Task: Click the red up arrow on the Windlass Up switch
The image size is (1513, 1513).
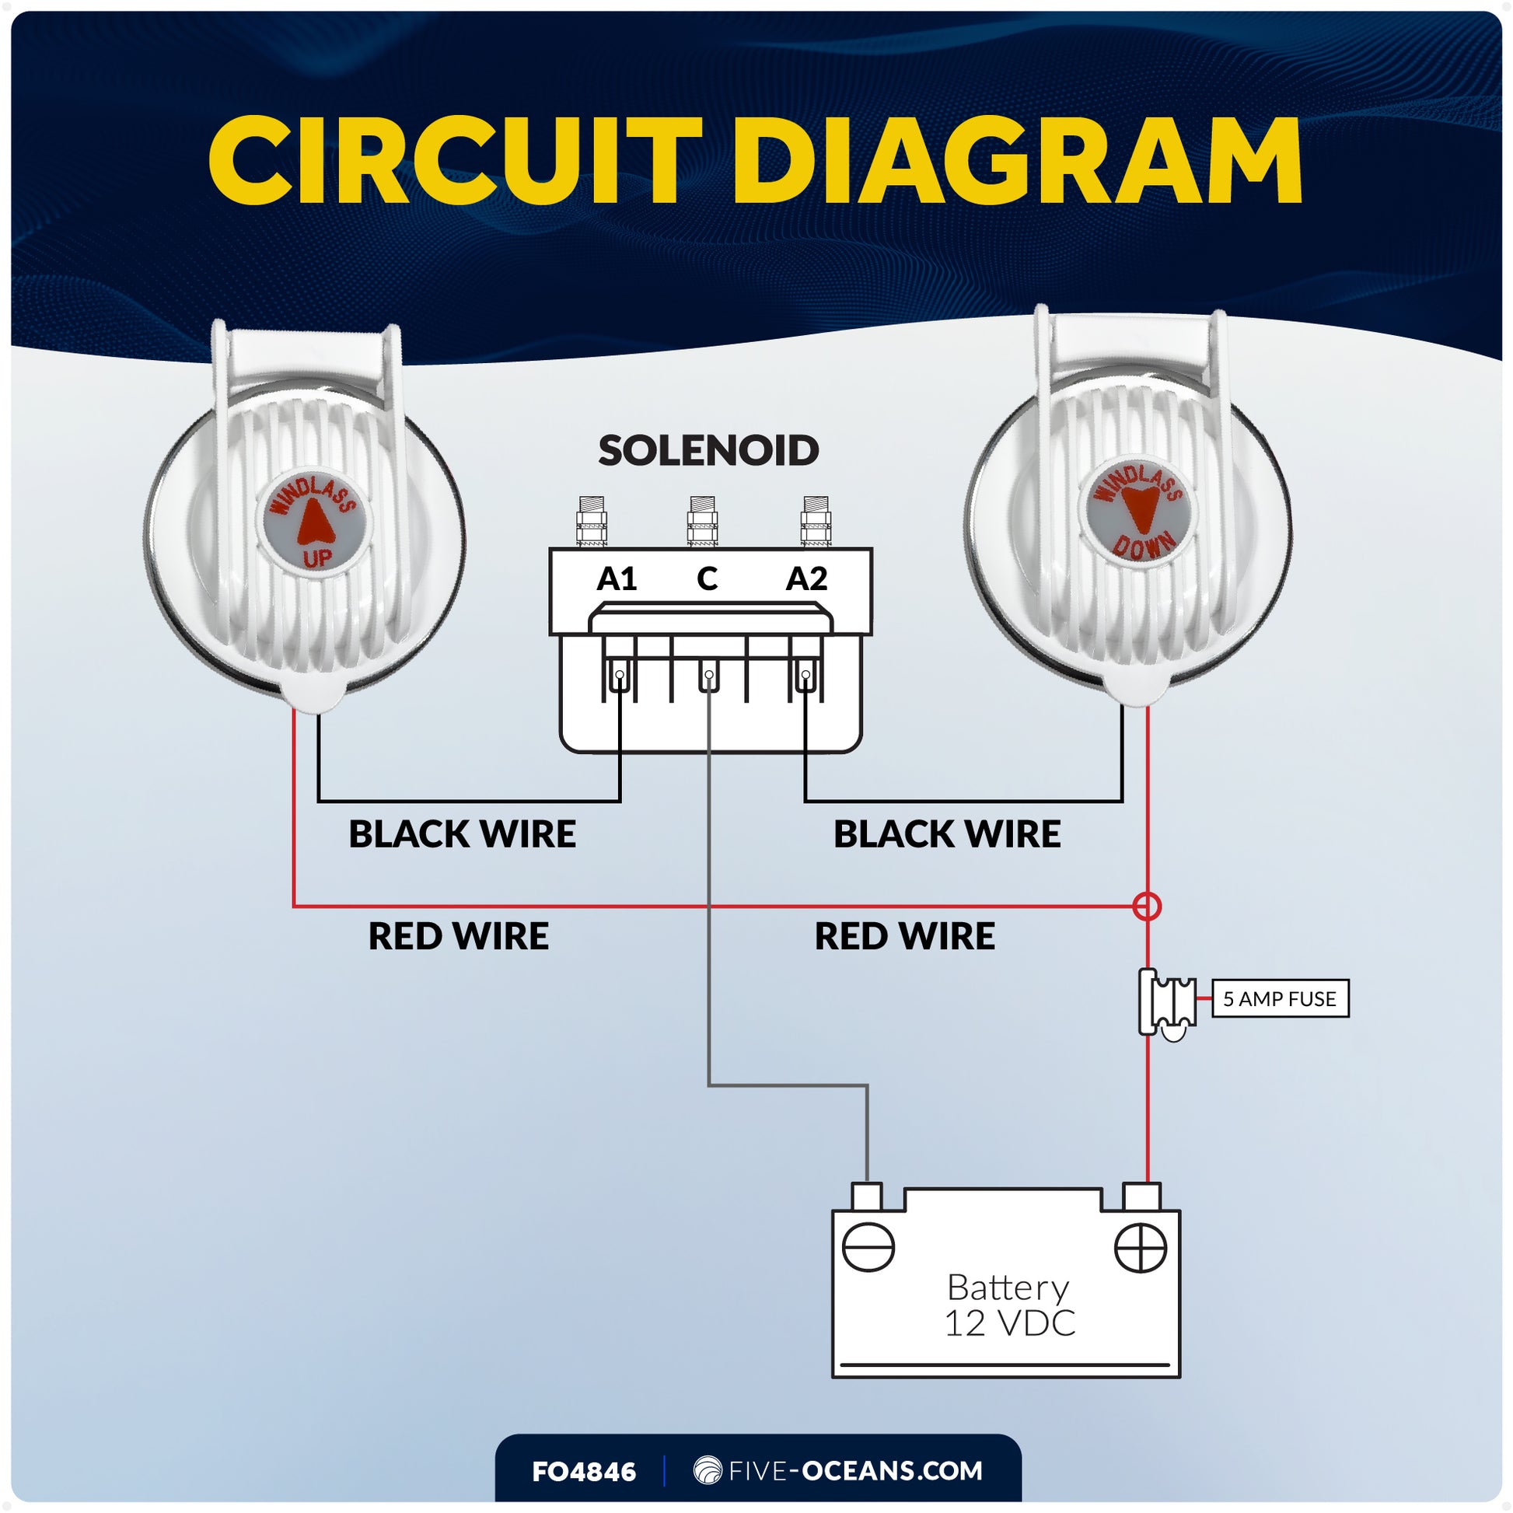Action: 316,522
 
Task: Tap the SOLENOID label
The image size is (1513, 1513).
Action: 708,450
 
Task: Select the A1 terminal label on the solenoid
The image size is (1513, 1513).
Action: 617,579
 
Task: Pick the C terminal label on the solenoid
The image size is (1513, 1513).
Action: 708,579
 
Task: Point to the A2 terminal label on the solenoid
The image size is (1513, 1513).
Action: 805,579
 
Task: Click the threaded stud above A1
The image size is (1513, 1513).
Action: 591,521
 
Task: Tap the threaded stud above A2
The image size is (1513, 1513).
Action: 816,521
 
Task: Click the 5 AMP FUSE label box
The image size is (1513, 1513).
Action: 1280,998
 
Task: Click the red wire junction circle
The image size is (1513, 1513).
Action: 1148,907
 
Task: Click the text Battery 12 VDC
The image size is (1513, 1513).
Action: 1008,1305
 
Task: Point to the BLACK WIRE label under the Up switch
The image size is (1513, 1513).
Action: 462,834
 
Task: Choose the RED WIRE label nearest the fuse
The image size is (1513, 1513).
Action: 904,936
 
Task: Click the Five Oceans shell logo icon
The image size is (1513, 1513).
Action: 708,1470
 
